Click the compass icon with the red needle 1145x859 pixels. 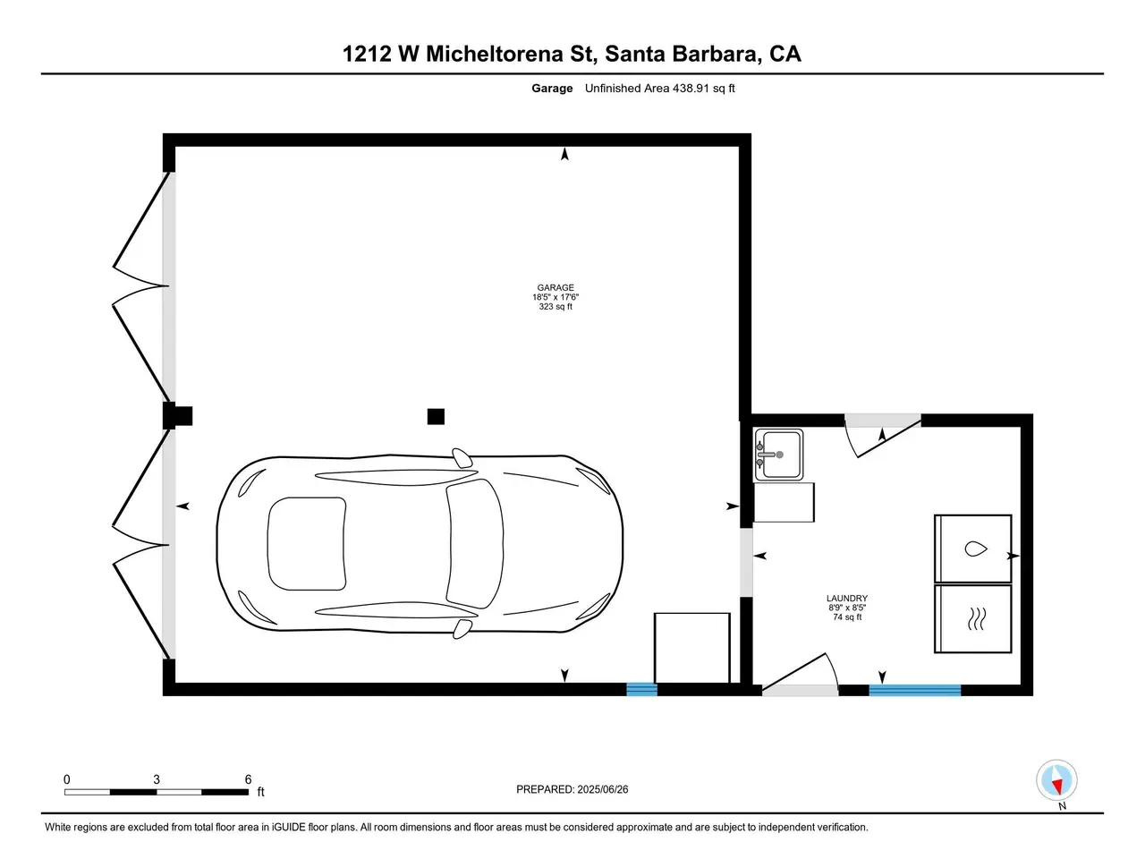click(x=1056, y=781)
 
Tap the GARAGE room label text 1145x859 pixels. click(x=555, y=287)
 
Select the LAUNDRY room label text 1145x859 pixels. click(x=846, y=599)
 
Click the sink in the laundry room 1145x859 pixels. click(x=779, y=455)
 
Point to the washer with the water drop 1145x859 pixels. click(x=973, y=549)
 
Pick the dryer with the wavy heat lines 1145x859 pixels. click(x=973, y=618)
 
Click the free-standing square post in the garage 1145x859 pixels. click(x=436, y=417)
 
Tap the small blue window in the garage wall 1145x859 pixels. click(x=641, y=689)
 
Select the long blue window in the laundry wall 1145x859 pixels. click(x=914, y=690)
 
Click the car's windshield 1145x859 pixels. click(x=475, y=543)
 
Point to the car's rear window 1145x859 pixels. click(x=307, y=543)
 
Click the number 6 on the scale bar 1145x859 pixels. click(x=249, y=779)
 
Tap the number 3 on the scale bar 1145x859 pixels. click(x=157, y=779)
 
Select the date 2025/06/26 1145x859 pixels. click(x=601, y=789)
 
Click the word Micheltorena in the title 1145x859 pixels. click(x=495, y=54)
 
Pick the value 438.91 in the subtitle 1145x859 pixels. click(x=691, y=89)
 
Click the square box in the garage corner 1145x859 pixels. click(x=691, y=648)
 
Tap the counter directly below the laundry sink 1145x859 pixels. click(x=784, y=502)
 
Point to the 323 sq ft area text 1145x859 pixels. click(x=555, y=307)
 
